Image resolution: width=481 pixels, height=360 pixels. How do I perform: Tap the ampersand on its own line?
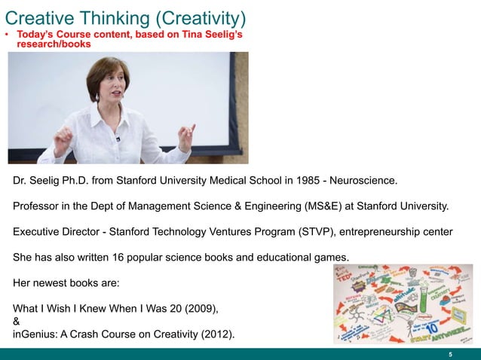(x=17, y=321)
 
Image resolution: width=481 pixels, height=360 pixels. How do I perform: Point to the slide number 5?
(x=450, y=355)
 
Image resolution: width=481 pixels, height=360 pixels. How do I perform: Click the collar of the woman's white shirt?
(x=113, y=113)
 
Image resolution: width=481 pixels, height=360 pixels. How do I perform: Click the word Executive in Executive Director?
(x=41, y=233)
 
